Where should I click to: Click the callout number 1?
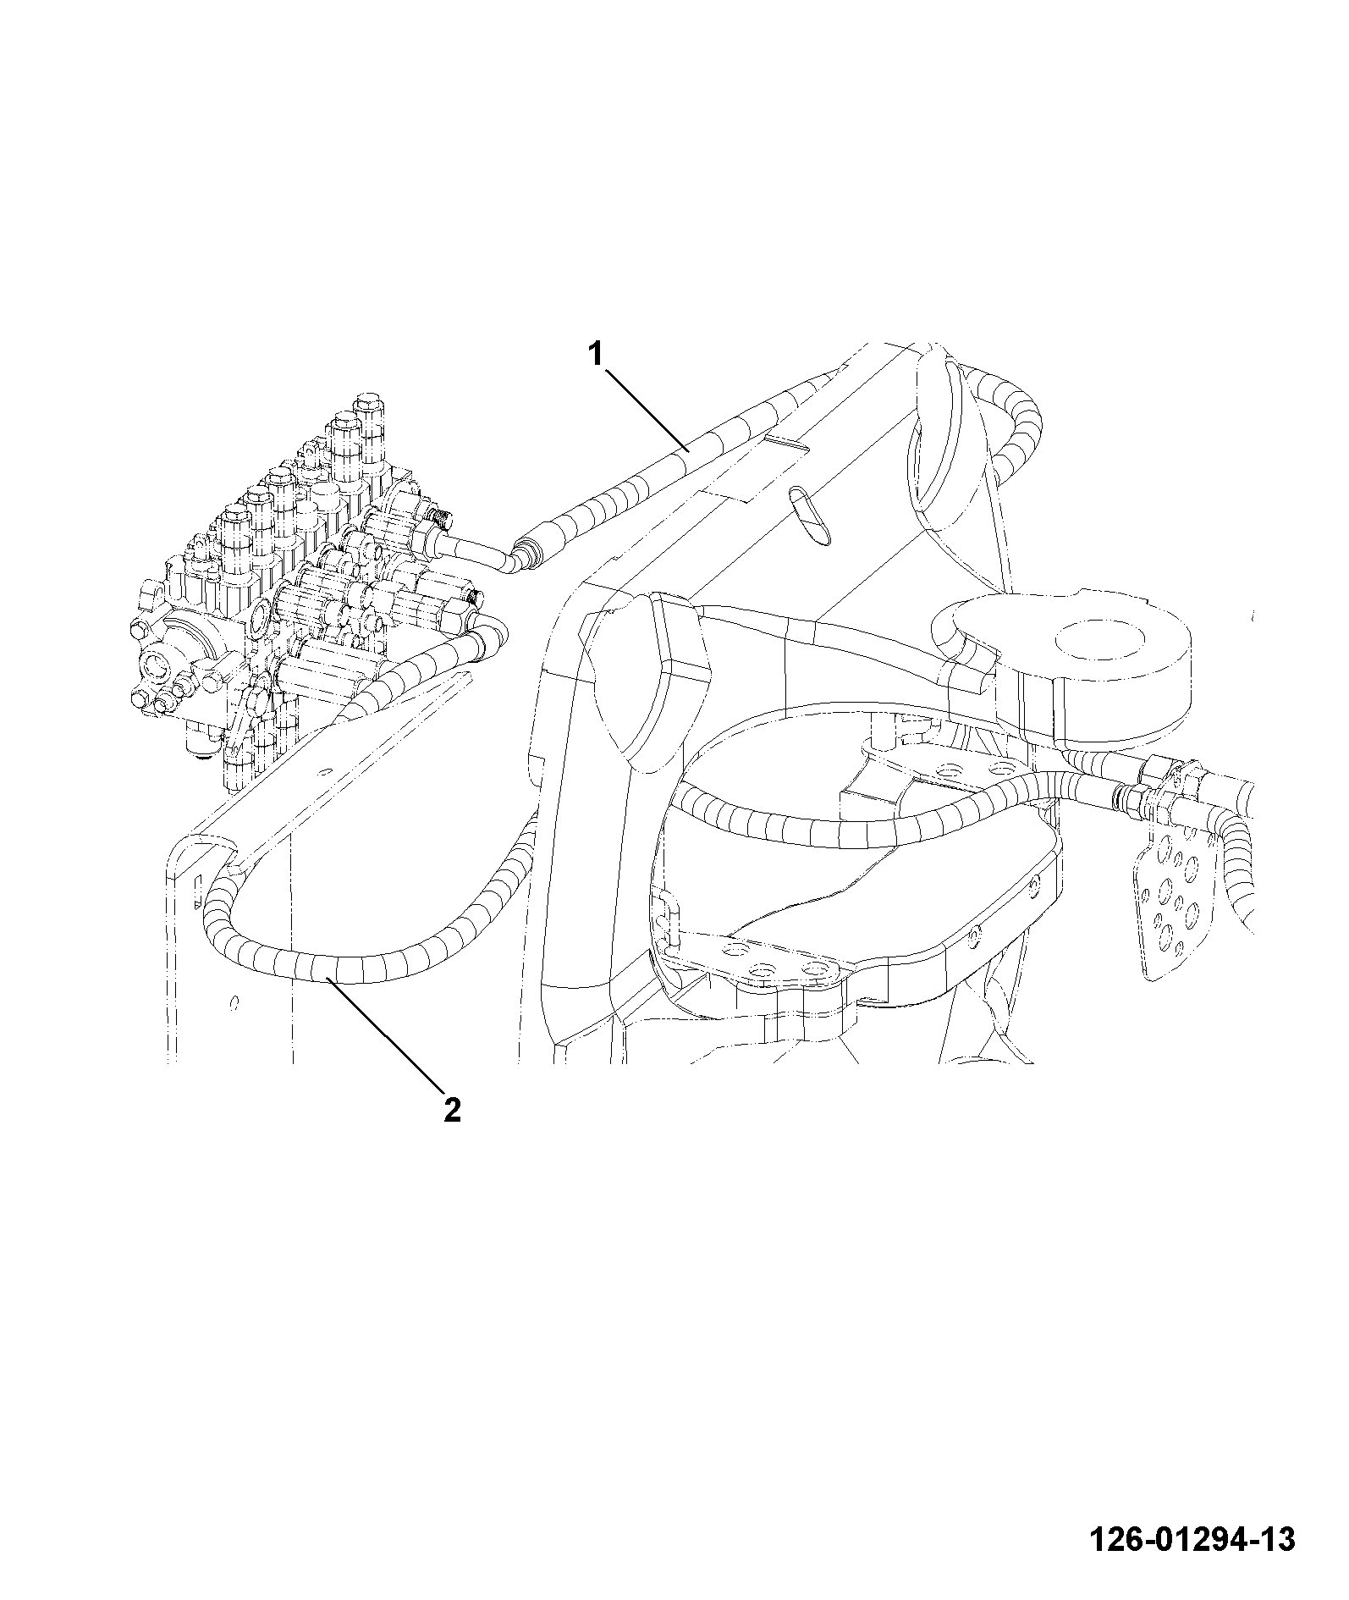[x=597, y=354]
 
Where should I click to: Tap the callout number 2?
[x=453, y=1109]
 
